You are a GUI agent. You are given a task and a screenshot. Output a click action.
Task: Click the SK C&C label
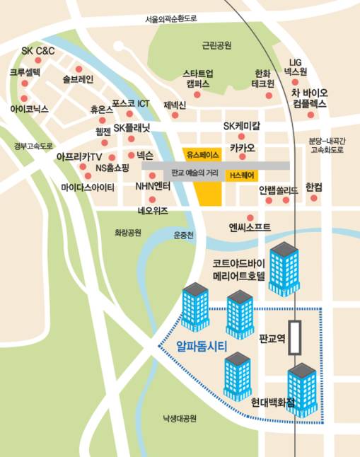(37, 51)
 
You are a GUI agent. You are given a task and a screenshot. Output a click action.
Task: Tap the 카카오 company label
(242, 148)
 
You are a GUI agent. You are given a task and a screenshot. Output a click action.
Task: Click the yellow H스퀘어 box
(240, 174)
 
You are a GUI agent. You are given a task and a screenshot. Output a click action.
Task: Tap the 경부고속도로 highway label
(33, 146)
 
